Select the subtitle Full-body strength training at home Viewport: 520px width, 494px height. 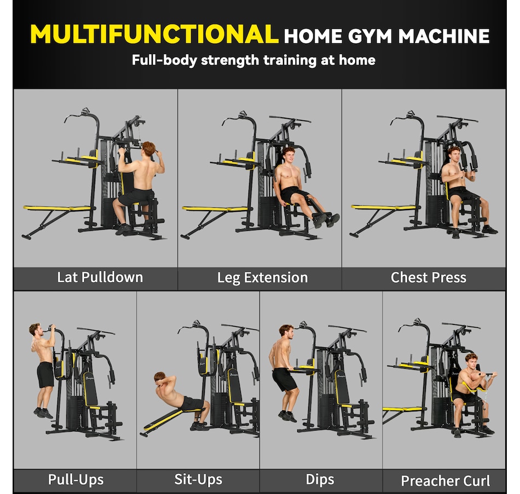point(253,60)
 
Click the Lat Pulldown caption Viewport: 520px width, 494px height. point(100,277)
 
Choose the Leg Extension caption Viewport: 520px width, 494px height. point(262,277)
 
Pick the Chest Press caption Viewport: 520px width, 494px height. point(428,277)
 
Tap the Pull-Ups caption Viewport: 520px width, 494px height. point(76,480)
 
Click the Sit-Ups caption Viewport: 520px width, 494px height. point(198,480)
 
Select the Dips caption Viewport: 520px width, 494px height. point(320,480)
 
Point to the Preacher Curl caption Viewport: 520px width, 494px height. point(445,481)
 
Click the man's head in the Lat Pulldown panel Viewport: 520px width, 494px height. point(148,149)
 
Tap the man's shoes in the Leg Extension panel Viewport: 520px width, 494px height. point(326,219)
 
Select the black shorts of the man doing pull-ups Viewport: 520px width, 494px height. point(45,374)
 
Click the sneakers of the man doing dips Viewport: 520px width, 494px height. point(286,416)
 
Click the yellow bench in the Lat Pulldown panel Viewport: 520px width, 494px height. point(57,208)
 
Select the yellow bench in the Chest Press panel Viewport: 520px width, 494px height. point(383,207)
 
